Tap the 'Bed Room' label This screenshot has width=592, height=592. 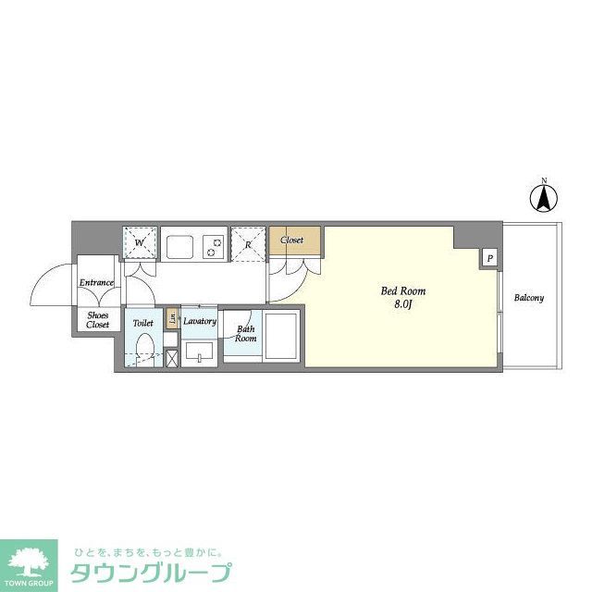point(403,291)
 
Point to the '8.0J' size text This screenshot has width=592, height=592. point(403,304)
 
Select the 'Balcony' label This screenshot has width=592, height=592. point(529,298)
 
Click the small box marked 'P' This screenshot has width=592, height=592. point(489,258)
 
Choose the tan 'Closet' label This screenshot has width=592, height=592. point(292,240)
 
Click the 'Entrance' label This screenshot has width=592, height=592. point(96,282)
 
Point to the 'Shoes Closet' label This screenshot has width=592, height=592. point(98,320)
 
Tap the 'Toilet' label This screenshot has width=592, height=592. point(142,324)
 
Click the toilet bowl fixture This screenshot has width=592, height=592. point(142,350)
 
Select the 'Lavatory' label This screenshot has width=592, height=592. point(200,322)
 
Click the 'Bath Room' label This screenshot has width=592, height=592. point(245,333)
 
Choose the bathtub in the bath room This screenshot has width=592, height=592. point(281,338)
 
